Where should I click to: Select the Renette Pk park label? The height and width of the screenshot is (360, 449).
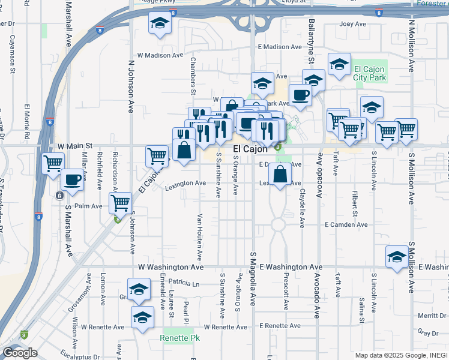point(179,338)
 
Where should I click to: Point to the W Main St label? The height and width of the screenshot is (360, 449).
point(75,146)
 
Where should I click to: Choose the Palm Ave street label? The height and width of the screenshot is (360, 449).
point(88,206)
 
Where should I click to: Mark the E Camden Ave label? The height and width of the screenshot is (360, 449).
point(346,224)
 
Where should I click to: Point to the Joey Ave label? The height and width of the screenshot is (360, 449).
point(352,25)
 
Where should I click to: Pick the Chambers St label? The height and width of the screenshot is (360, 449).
point(193,76)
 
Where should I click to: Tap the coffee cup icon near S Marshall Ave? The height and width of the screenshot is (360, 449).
point(72,179)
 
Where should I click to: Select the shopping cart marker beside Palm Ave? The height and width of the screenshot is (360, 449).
point(121,203)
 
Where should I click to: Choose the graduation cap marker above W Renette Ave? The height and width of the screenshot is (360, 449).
point(142,316)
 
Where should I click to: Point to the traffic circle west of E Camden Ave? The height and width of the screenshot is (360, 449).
point(277,225)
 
